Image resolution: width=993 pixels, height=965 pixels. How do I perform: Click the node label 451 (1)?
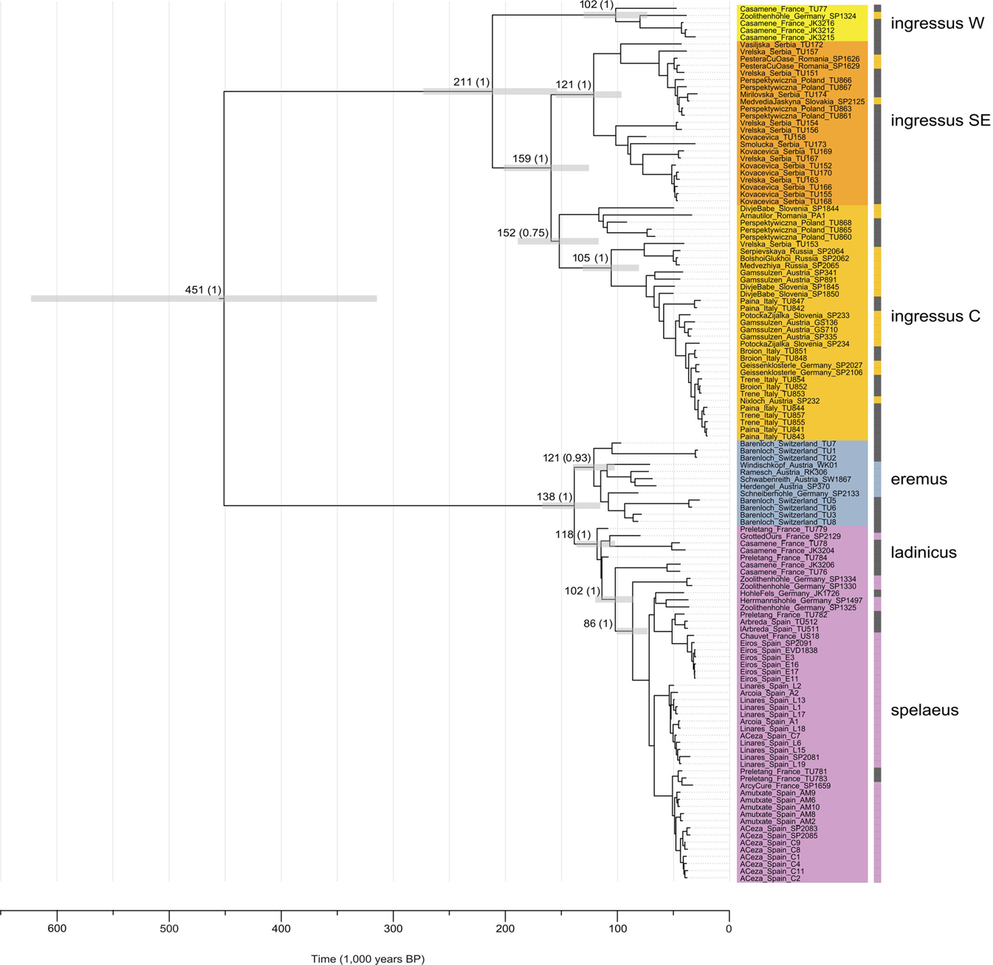tap(203, 291)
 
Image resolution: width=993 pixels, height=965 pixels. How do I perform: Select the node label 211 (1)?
tap(471, 82)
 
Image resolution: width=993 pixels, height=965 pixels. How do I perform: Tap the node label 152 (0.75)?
tap(522, 233)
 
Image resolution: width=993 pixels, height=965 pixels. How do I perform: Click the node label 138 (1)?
tap(554, 497)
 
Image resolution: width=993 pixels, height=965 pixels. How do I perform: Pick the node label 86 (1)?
tap(598, 624)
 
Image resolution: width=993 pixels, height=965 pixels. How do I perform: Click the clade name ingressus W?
tap(937, 24)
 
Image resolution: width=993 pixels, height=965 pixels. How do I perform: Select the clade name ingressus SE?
tap(940, 121)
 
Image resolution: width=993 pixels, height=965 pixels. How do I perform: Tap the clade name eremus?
tap(918, 480)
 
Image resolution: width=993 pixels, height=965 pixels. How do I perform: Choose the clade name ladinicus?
tap(924, 553)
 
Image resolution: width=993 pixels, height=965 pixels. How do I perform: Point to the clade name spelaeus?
tap(924, 710)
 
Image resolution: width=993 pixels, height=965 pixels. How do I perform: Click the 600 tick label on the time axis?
tap(57, 928)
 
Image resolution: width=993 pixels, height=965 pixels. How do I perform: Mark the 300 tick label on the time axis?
tap(394, 928)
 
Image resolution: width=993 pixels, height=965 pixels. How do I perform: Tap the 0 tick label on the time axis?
tap(729, 928)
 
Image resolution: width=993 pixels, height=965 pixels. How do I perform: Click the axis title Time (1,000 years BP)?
tap(368, 959)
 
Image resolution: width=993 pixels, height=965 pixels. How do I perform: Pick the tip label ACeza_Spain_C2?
tap(770, 879)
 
